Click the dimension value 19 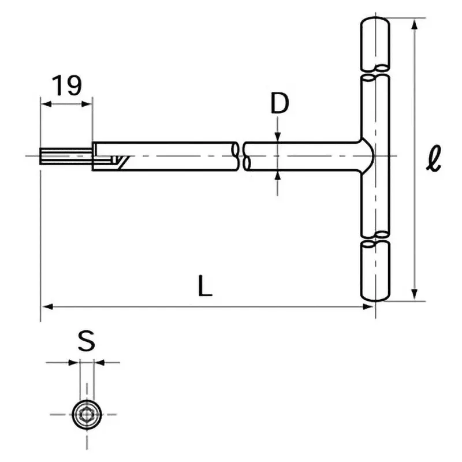click(x=67, y=85)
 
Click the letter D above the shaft click(x=280, y=104)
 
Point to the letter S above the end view click(x=86, y=342)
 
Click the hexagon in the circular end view click(x=87, y=413)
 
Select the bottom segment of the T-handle click(x=375, y=270)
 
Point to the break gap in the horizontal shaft click(x=241, y=156)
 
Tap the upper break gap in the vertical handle click(x=375, y=71)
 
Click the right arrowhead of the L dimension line click(x=370, y=307)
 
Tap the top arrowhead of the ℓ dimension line click(x=414, y=25)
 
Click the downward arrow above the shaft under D click(x=278, y=135)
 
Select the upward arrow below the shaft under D click(x=278, y=176)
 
